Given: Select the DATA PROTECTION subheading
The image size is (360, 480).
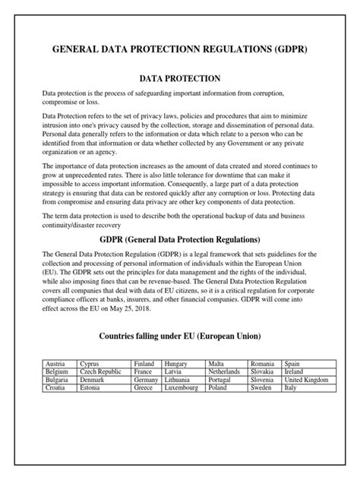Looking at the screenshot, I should [180, 77].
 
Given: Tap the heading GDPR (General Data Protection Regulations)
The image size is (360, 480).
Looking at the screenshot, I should [180, 240].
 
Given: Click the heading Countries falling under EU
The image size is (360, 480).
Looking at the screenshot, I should [180, 336].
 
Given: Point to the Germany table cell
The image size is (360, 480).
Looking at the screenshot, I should [146, 379].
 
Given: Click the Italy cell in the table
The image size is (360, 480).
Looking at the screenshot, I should [290, 387].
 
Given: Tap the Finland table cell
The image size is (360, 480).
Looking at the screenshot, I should [144, 364].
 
